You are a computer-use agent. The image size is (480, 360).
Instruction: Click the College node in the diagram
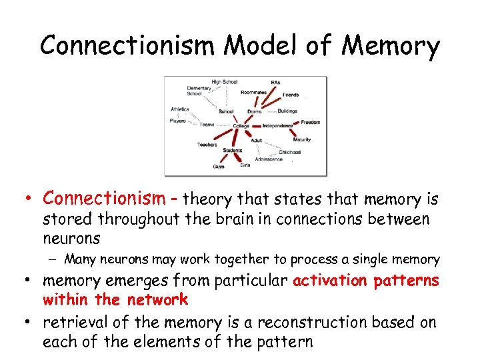(x=241, y=126)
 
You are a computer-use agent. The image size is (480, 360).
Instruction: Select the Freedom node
(x=311, y=123)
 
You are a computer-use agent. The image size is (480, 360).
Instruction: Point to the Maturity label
(x=301, y=140)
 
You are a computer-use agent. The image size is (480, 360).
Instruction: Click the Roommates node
(x=253, y=93)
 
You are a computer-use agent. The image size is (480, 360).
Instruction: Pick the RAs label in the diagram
(x=275, y=83)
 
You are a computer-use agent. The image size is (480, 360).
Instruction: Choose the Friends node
(x=291, y=95)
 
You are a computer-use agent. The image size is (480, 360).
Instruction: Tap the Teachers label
(x=207, y=145)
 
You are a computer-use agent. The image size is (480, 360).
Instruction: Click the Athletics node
(x=179, y=109)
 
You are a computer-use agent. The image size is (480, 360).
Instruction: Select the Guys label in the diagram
(x=219, y=167)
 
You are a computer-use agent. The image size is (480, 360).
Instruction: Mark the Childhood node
(x=289, y=152)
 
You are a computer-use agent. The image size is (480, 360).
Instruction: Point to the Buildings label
(x=287, y=111)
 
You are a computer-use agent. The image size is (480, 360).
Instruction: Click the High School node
(x=224, y=82)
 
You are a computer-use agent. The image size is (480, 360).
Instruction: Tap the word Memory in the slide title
(x=392, y=46)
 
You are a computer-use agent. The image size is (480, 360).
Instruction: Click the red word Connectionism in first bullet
(x=103, y=198)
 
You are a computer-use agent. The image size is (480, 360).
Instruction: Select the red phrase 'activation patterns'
(x=366, y=281)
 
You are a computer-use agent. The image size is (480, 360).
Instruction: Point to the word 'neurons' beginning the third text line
(x=71, y=238)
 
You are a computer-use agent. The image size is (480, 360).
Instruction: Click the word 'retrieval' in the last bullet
(x=71, y=323)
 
